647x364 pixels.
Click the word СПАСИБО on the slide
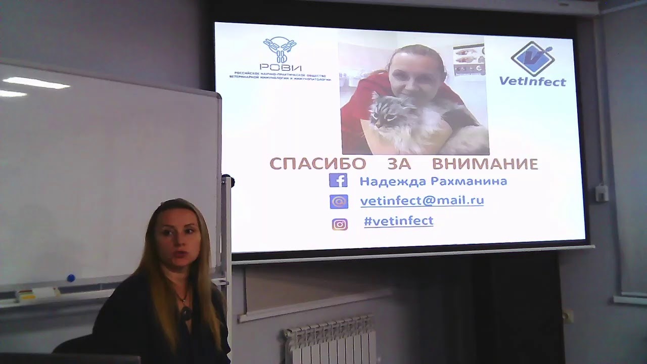click(317, 163)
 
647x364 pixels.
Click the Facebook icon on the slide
click(338, 180)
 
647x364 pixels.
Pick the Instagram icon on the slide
click(340, 224)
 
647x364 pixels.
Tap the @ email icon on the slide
click(339, 202)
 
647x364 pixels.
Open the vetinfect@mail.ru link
click(422, 201)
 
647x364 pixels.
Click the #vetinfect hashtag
click(398, 221)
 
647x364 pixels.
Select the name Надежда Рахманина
click(433, 181)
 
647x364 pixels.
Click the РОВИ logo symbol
click(280, 49)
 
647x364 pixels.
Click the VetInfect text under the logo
click(532, 81)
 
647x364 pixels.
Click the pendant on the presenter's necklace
click(186, 312)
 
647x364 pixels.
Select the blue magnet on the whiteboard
click(71, 278)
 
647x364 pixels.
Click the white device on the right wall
click(601, 193)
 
